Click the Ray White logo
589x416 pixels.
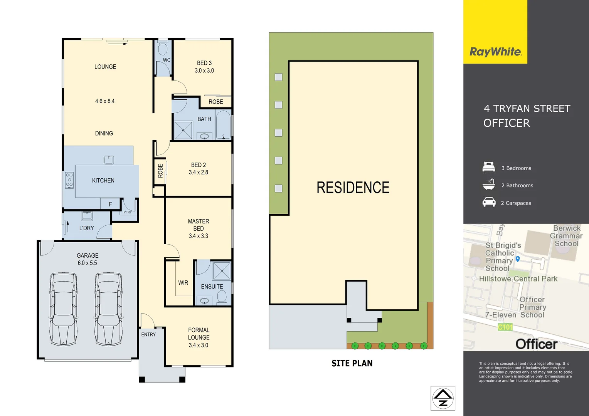(495, 52)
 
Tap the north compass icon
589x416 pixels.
(443, 398)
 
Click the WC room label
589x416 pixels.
(167, 60)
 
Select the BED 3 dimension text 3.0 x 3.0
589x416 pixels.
(204, 71)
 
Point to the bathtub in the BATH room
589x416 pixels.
(223, 125)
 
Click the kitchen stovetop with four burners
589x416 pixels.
(69, 180)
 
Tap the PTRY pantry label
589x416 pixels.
(128, 212)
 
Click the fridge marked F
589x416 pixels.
(110, 204)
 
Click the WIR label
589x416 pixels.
(183, 283)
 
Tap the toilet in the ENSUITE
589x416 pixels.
(222, 297)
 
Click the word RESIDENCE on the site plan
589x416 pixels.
(353, 188)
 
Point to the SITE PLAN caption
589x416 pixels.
(352, 363)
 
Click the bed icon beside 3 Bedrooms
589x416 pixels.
(489, 167)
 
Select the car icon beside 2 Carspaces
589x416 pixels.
(489, 202)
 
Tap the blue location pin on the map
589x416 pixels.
(518, 259)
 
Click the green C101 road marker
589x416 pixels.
(505, 327)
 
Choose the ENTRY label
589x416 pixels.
(148, 335)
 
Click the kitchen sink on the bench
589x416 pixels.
(109, 159)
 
